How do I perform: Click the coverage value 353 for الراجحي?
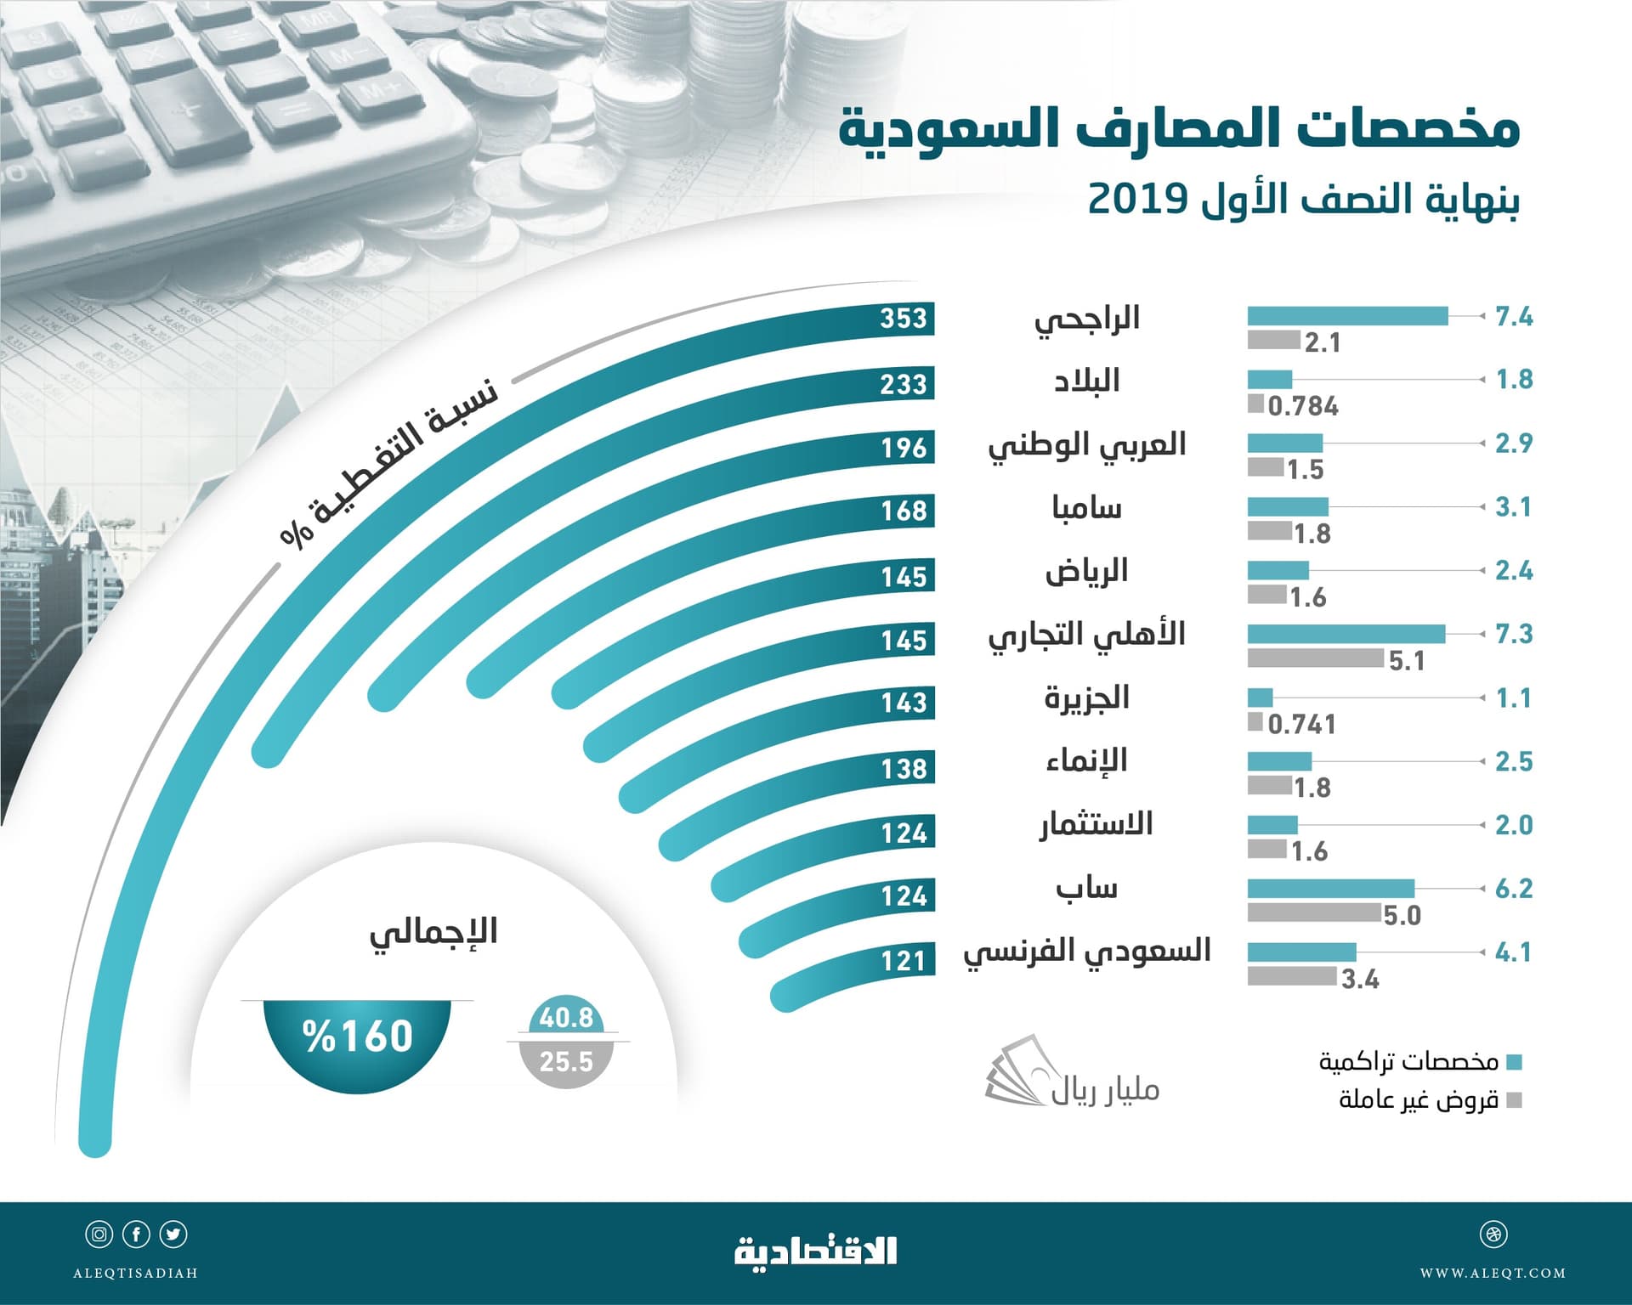tap(903, 319)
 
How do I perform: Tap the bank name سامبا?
tap(1086, 508)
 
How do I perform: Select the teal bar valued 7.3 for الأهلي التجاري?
tap(1346, 634)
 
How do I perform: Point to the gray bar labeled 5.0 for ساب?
tap(1313, 913)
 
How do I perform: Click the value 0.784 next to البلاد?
tap(1302, 406)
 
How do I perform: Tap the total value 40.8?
tap(566, 1018)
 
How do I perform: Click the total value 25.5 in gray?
tap(566, 1062)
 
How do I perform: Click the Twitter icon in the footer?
tap(173, 1234)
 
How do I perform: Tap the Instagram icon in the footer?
tap(99, 1234)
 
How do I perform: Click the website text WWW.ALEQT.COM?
tap(1493, 1273)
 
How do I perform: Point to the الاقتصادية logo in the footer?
tap(815, 1251)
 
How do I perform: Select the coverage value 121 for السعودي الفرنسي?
tap(903, 961)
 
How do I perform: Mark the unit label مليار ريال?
tap(1104, 1089)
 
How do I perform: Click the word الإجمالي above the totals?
tap(433, 933)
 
